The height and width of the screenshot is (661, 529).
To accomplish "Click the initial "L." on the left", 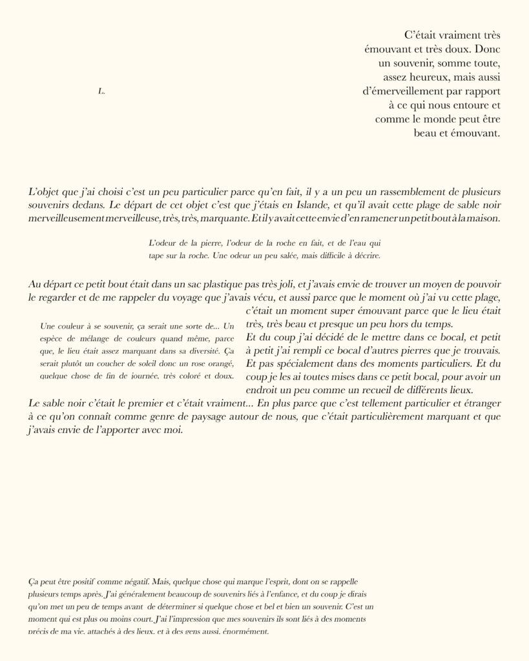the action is click(101, 92).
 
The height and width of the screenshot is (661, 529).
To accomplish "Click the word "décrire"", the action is click(365, 255).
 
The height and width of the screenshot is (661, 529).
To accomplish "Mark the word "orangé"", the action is click(217, 363).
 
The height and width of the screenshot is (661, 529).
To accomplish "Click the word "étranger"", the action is click(479, 403).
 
